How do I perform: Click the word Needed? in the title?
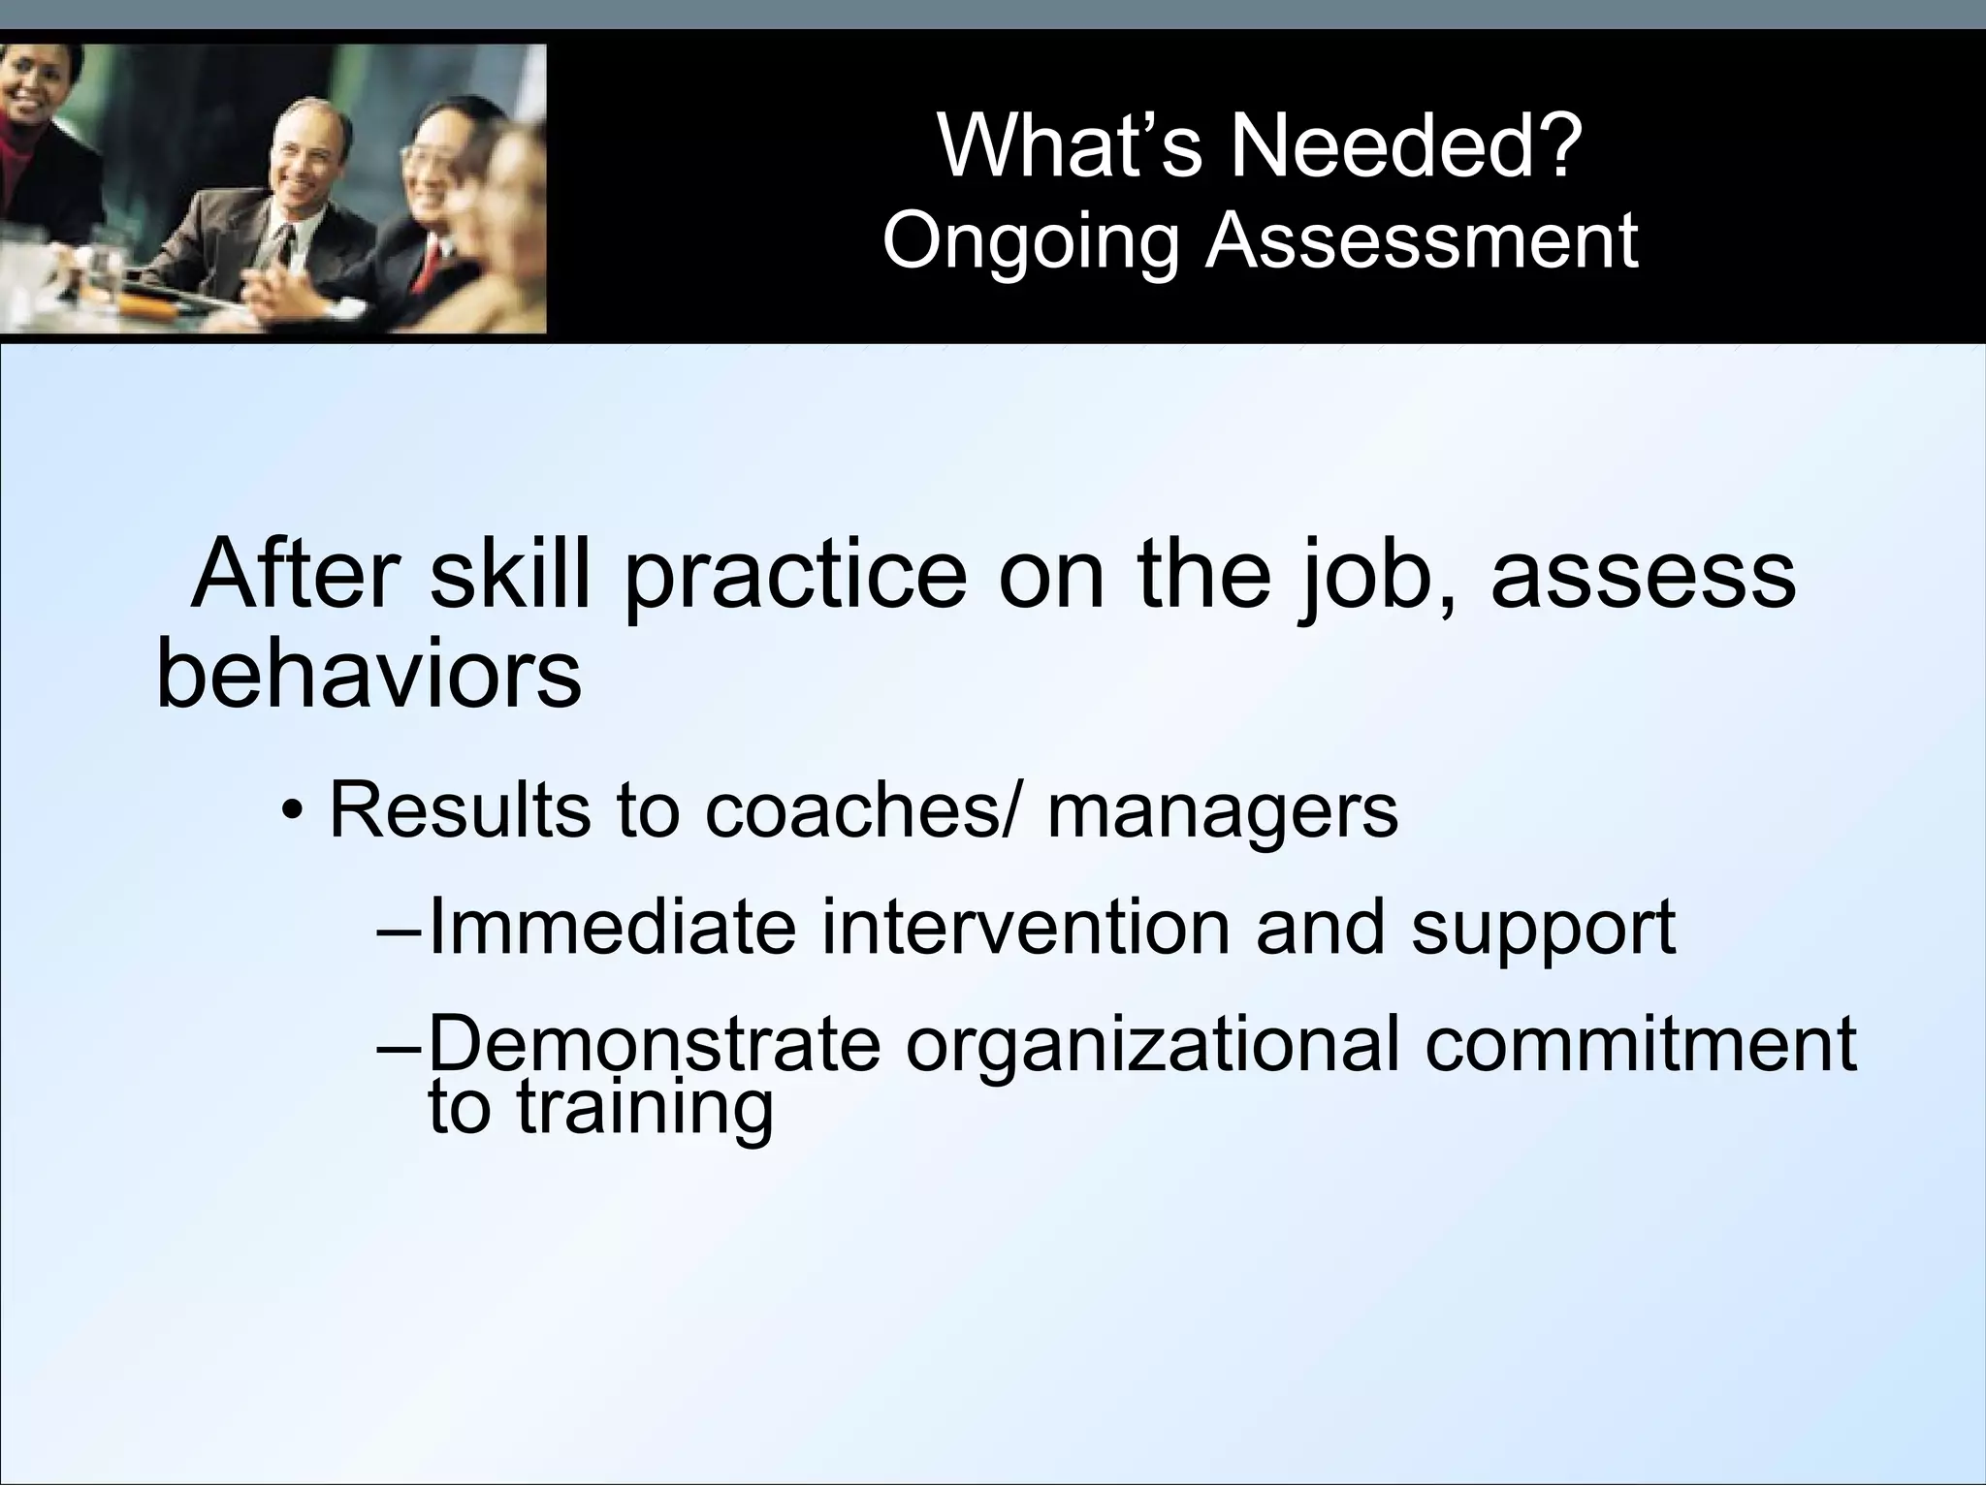click(x=1407, y=147)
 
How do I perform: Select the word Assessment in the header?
click(x=1422, y=240)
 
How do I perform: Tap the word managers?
click(x=1223, y=812)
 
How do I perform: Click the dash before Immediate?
click(x=398, y=928)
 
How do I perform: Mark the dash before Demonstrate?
click(x=398, y=1046)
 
